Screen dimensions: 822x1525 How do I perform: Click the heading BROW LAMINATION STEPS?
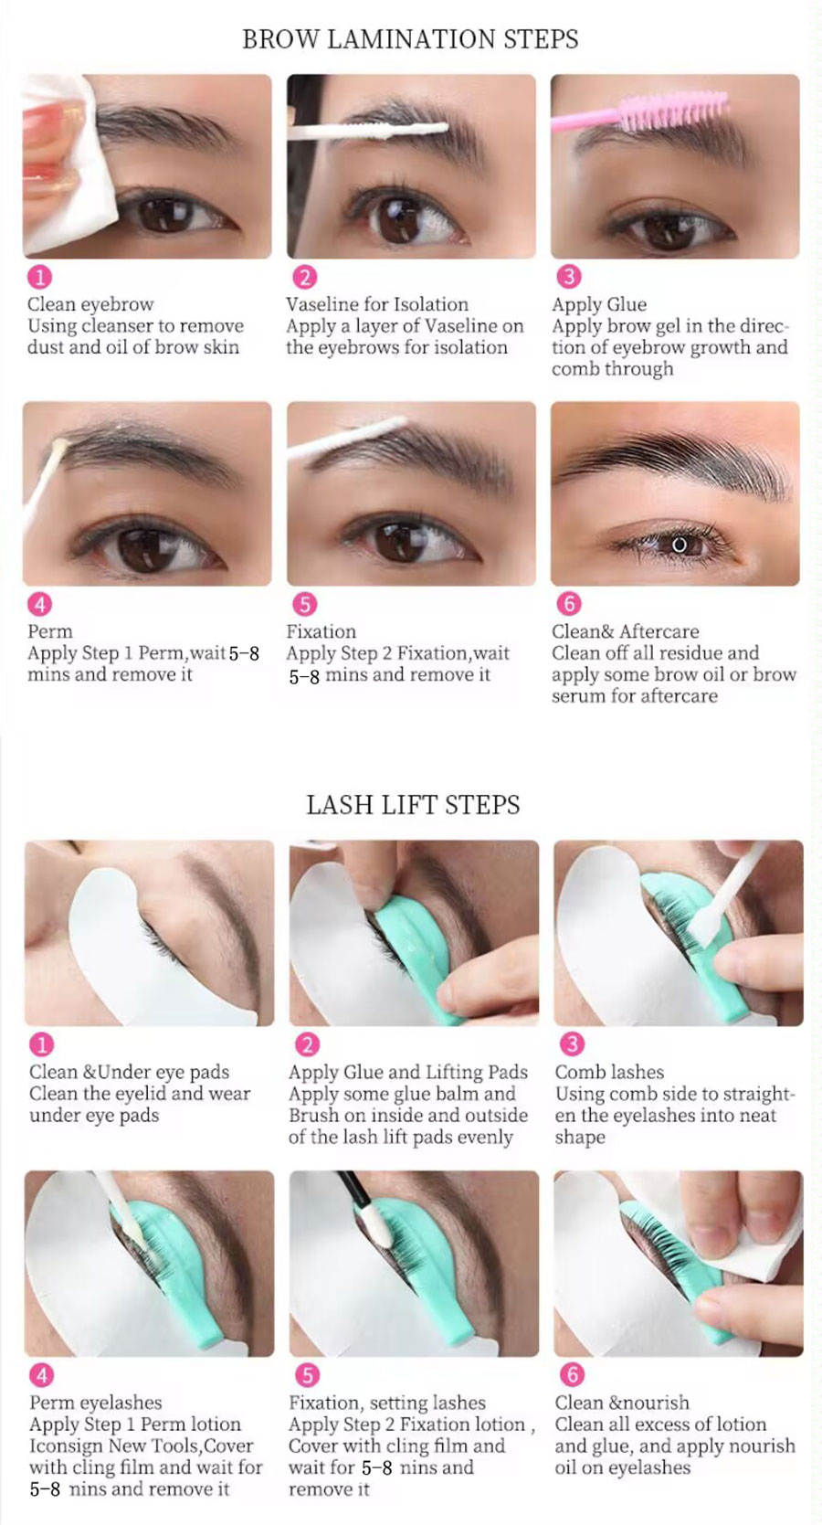(410, 38)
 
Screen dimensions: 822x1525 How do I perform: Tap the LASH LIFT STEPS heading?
(412, 805)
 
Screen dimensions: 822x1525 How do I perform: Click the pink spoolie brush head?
(673, 112)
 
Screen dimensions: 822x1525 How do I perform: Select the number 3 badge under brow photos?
(569, 277)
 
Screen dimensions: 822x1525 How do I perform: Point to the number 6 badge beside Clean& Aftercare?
(569, 603)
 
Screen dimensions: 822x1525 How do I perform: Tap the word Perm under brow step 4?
(49, 631)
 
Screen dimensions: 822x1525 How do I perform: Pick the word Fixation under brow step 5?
(321, 631)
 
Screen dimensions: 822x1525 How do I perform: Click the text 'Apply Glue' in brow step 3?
(599, 304)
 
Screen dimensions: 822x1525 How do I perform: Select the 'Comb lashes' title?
(609, 1073)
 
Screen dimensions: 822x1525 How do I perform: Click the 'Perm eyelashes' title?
(95, 1403)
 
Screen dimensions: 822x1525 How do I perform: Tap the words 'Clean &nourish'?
(622, 1403)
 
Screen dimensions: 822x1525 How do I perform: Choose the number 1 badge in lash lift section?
(42, 1044)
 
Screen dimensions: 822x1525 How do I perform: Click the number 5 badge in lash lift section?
(306, 1375)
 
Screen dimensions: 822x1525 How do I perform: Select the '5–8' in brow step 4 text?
(244, 653)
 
